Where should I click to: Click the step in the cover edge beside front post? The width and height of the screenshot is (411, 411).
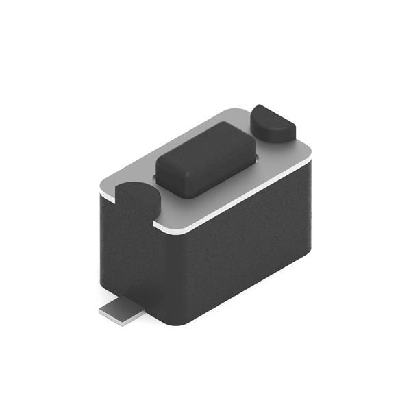[x=157, y=223]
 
